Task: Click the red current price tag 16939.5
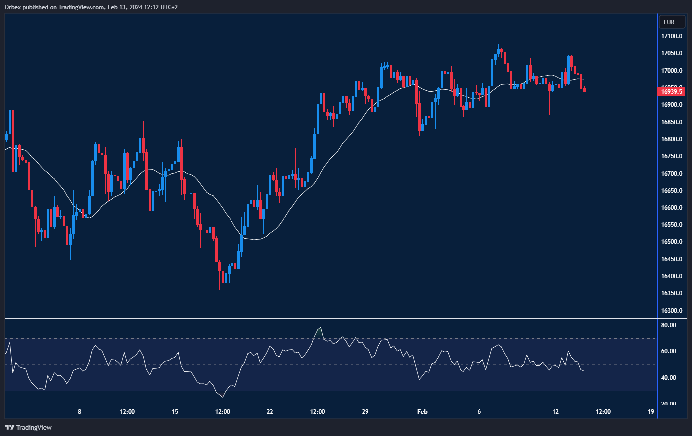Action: (672, 91)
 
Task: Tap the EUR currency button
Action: (669, 22)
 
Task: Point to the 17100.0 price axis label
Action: (672, 36)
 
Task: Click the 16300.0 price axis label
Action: (672, 311)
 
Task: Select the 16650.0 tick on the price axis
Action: (672, 191)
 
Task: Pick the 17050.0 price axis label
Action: (672, 53)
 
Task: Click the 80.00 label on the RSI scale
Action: (668, 325)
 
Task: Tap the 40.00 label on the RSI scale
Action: (668, 378)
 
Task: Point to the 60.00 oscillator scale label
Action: (668, 351)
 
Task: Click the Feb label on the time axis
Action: (422, 412)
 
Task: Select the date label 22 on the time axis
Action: (270, 412)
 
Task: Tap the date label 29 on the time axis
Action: (365, 412)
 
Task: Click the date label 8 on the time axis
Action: (79, 412)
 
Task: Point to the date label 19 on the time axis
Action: (651, 412)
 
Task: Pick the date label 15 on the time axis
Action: (175, 412)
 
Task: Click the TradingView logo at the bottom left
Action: (28, 427)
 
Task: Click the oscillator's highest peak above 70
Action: (320, 328)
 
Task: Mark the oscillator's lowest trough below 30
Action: (223, 397)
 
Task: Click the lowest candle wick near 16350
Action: (226, 292)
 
